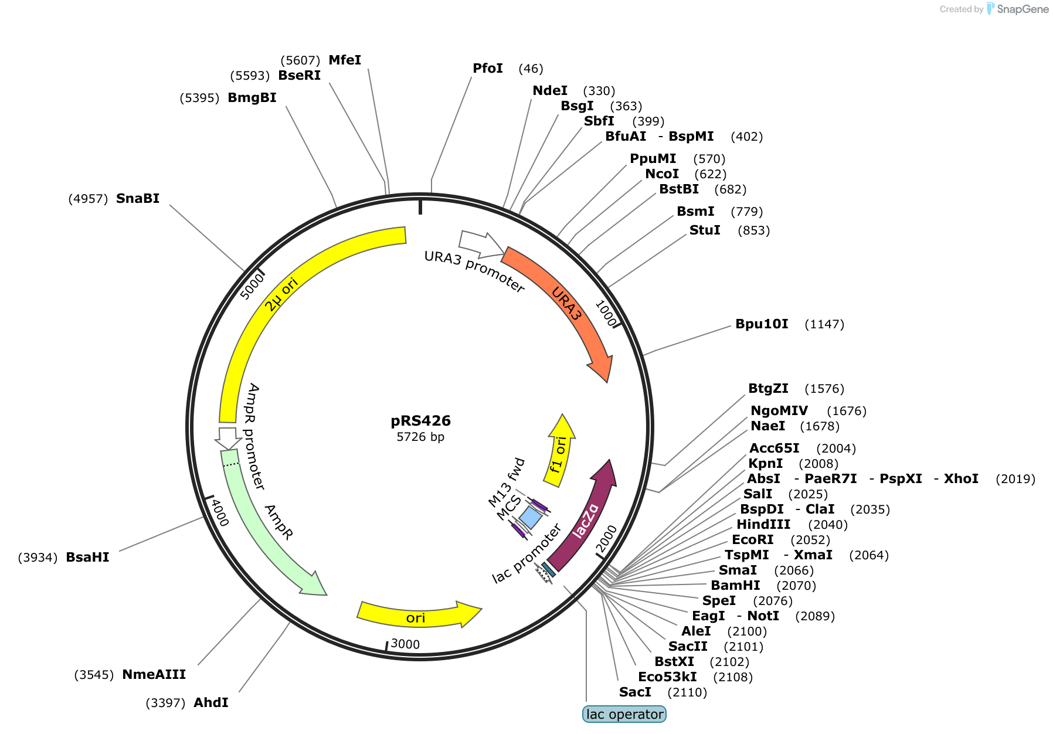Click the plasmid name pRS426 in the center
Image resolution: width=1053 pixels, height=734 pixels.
[x=420, y=421]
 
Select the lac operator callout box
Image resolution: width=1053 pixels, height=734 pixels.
[x=624, y=714]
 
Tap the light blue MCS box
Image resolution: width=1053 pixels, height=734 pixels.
[x=531, y=518]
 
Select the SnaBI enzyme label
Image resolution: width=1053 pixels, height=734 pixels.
[x=138, y=199]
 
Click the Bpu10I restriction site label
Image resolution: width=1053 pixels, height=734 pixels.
[x=762, y=324]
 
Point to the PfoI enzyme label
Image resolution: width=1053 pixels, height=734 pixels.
[x=488, y=69]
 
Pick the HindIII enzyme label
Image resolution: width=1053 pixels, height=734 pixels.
[x=763, y=525]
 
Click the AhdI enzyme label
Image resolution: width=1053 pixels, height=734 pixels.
[x=211, y=702]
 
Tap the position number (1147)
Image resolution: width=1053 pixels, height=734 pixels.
[x=824, y=324]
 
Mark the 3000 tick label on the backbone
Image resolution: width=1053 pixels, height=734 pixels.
[x=405, y=644]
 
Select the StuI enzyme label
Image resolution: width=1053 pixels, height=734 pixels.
[x=705, y=230]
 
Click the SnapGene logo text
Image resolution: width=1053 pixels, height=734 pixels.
[x=1023, y=9]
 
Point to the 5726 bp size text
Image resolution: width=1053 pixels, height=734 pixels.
[x=420, y=437]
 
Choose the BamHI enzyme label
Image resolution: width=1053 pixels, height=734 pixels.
[x=735, y=586]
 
